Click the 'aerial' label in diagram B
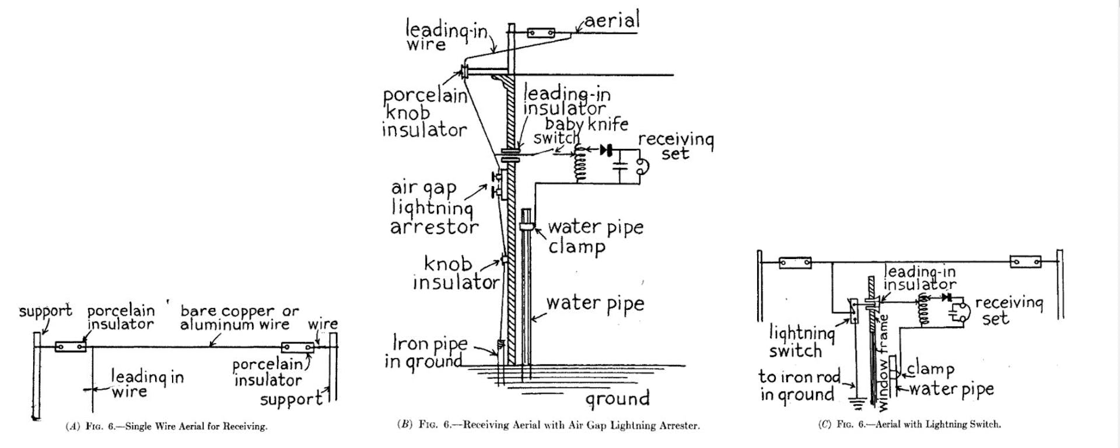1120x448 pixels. click(x=612, y=20)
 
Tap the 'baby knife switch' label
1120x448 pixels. click(x=580, y=131)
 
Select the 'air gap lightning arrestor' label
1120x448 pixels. click(x=433, y=208)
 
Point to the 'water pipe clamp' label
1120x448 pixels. click(x=595, y=236)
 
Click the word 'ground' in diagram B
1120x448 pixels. click(x=617, y=399)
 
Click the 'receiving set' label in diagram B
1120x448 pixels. click(x=675, y=146)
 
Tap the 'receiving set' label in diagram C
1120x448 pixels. click(x=1009, y=310)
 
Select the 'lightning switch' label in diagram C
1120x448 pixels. click(x=801, y=342)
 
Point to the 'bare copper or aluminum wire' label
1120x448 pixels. click(x=239, y=317)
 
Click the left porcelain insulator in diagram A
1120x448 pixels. click(x=71, y=346)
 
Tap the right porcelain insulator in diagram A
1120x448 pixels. click(x=297, y=348)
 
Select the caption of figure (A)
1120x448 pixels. click(x=167, y=426)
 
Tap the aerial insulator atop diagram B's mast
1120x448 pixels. click(x=541, y=33)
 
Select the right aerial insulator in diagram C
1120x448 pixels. click(x=1025, y=261)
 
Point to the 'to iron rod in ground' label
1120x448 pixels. click(x=799, y=386)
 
